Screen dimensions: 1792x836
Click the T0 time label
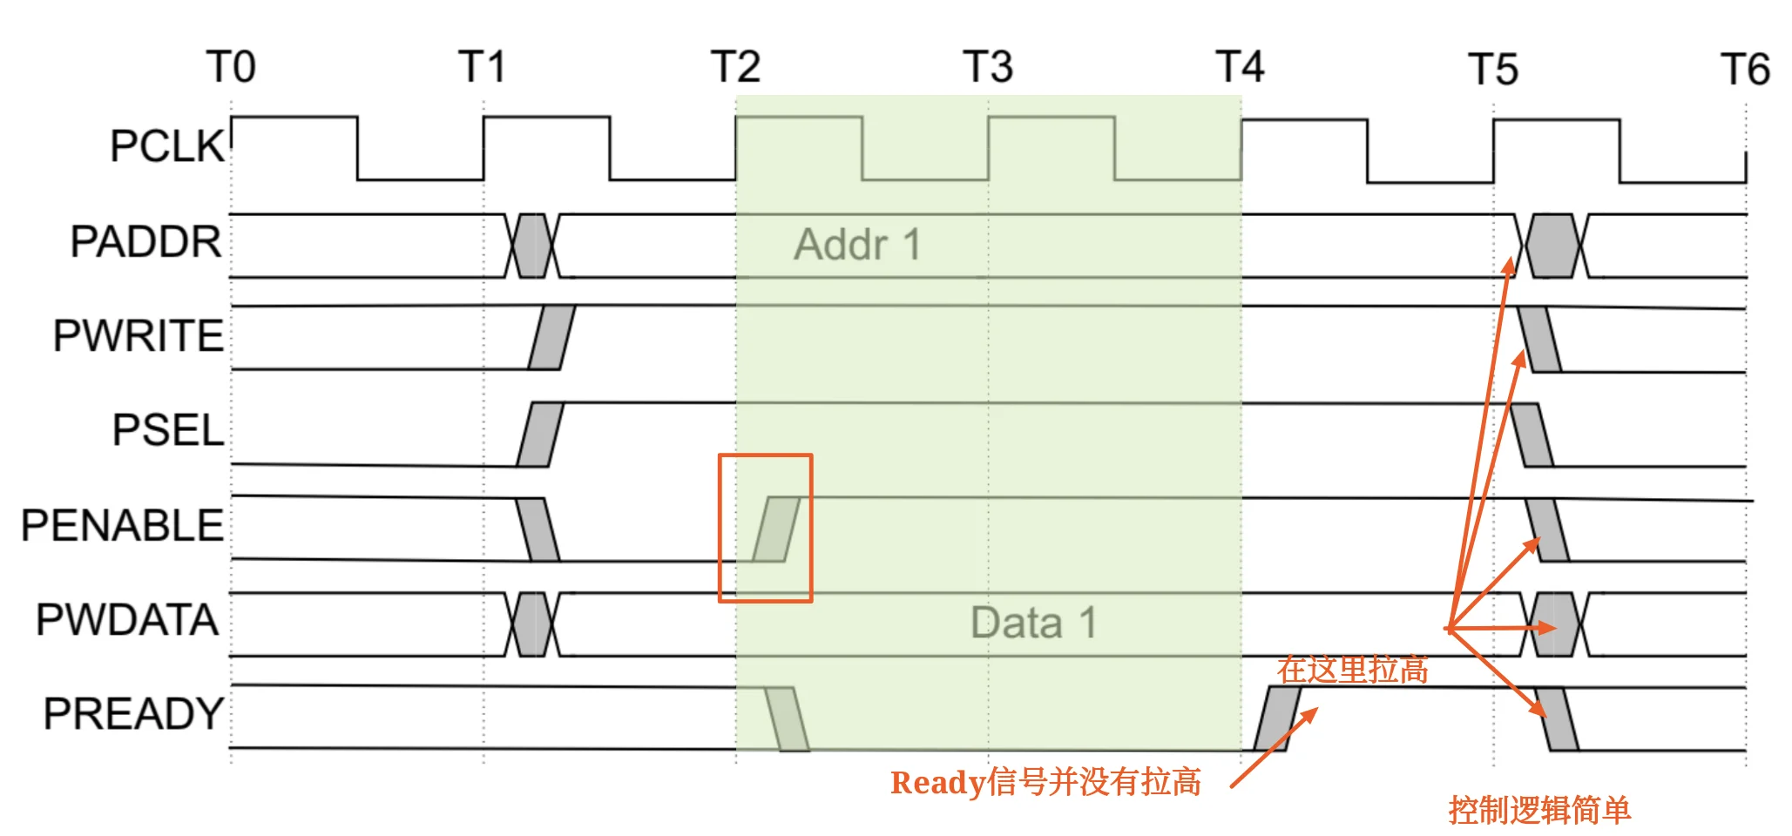231,67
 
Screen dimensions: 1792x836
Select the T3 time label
988,67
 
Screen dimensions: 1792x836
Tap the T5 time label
1493,70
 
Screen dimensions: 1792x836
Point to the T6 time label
1746,70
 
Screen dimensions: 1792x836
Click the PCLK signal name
168,146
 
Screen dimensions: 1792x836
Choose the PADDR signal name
146,241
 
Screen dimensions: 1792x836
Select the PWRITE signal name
139,336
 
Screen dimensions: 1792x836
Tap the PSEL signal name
169,430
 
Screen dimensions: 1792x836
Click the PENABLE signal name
123,525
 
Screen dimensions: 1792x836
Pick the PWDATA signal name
127,620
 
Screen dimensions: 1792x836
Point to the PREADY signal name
134,714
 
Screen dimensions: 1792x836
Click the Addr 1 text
857,245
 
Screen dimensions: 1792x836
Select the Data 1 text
1034,624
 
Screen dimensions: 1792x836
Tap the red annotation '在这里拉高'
1353,670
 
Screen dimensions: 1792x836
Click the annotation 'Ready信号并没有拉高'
1045,782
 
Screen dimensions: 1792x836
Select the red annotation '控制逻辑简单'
1539,810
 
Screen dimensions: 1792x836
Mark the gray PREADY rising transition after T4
1277,718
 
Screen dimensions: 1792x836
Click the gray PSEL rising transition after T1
540,435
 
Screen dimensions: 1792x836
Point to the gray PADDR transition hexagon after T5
1552,246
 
